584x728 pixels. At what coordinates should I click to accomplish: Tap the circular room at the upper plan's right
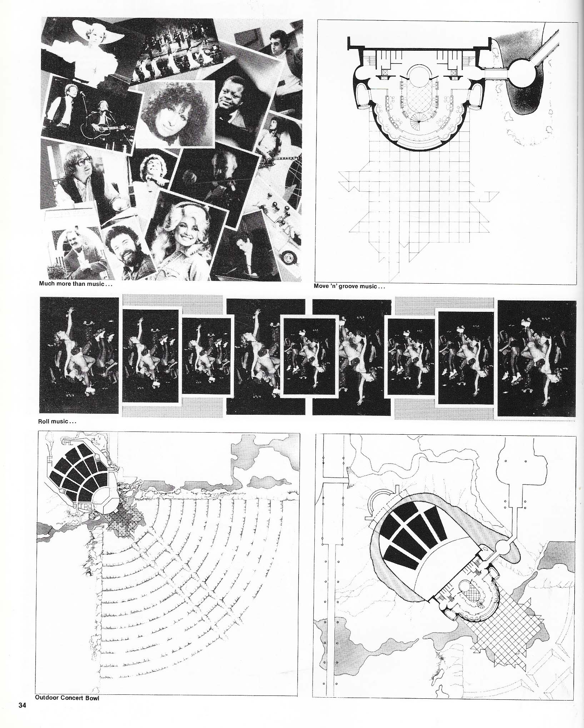pos(523,73)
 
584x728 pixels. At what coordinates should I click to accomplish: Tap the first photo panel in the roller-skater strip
pos(79,356)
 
